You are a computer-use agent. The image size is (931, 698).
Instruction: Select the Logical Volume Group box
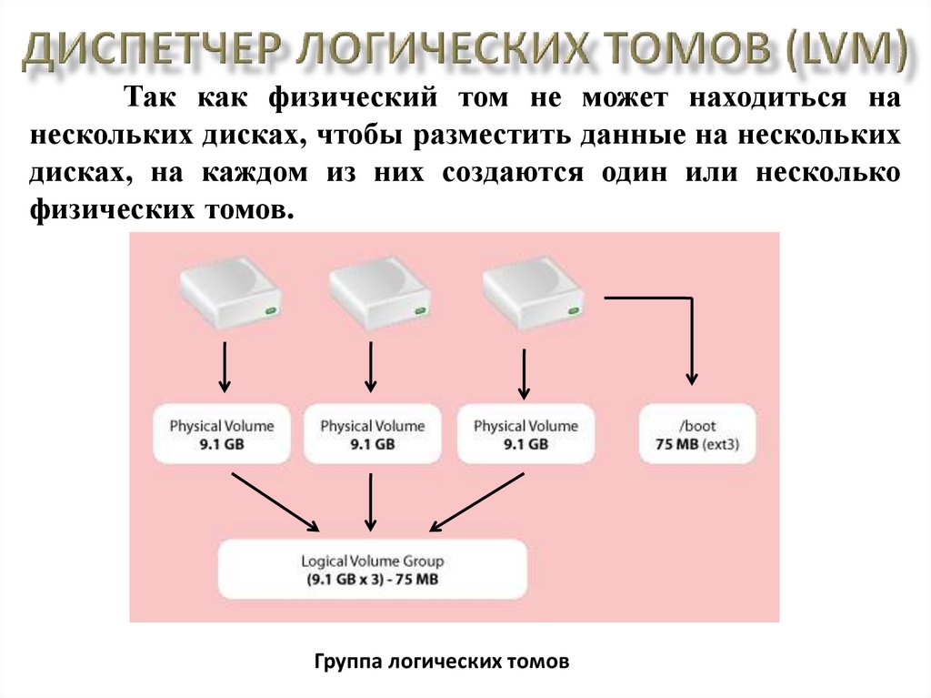tap(373, 570)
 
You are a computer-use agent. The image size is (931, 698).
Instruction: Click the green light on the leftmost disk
tap(270, 312)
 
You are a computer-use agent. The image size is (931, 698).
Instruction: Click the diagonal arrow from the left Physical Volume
tap(275, 501)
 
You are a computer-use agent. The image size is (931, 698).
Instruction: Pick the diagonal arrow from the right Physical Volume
tap(476, 501)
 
